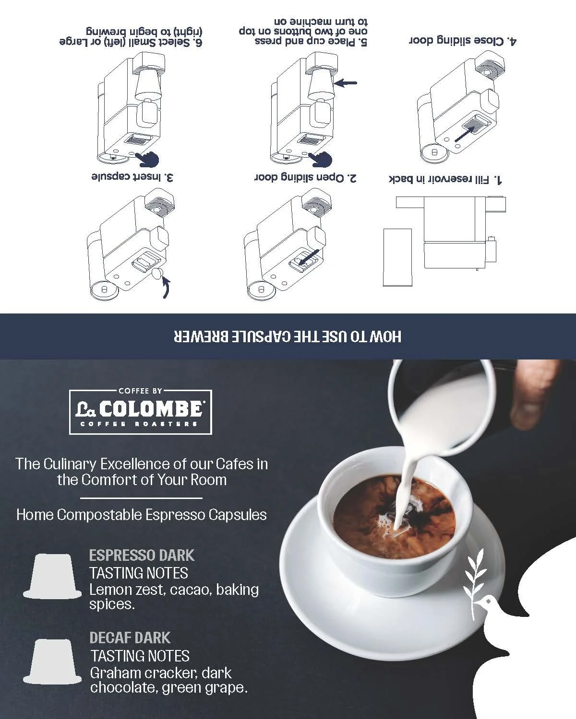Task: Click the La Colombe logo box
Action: (141, 412)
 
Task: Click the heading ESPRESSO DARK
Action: (142, 555)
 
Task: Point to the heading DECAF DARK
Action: (130, 638)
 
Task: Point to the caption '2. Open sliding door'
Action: (305, 178)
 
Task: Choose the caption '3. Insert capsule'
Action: (132, 177)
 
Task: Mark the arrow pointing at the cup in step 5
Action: (346, 83)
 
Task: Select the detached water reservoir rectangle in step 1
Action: (397, 257)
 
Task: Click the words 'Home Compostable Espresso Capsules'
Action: (142, 515)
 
